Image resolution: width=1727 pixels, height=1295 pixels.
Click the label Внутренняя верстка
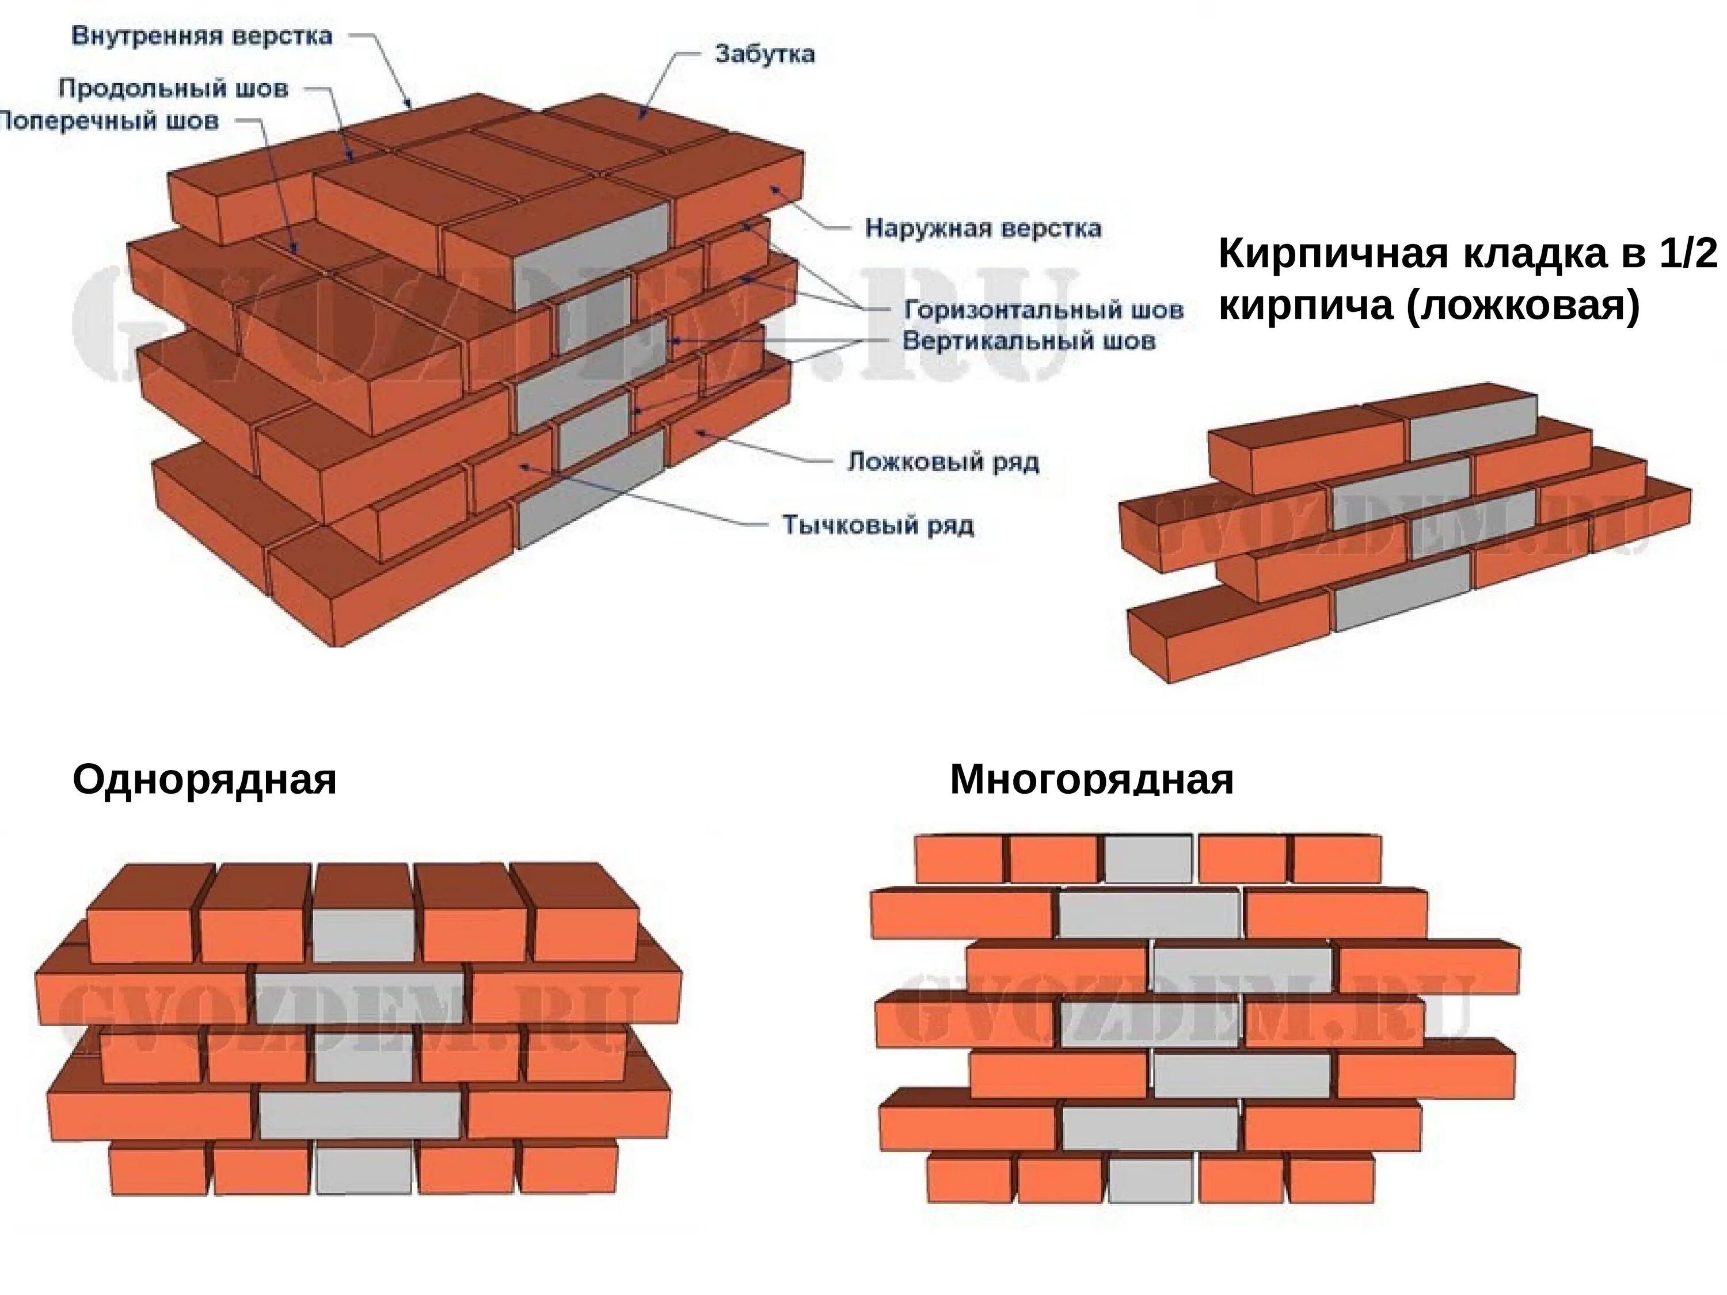pyautogui.click(x=201, y=36)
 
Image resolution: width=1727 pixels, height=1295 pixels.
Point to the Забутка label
pyautogui.click(x=764, y=54)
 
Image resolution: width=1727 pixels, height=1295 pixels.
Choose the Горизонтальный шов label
pyautogui.click(x=1043, y=310)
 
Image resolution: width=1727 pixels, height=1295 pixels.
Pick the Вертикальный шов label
pyautogui.click(x=1028, y=341)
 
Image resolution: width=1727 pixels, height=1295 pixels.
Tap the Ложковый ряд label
pyautogui.click(x=943, y=462)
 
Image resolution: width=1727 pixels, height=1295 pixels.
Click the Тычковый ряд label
pyautogui.click(x=877, y=524)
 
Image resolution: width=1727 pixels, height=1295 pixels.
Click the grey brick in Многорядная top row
pyautogui.click(x=1148, y=859)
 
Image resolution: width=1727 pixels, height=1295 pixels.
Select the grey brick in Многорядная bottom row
pyautogui.click(x=1151, y=1179)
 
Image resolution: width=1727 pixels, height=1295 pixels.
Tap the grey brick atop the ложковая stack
pyautogui.click(x=1472, y=426)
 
